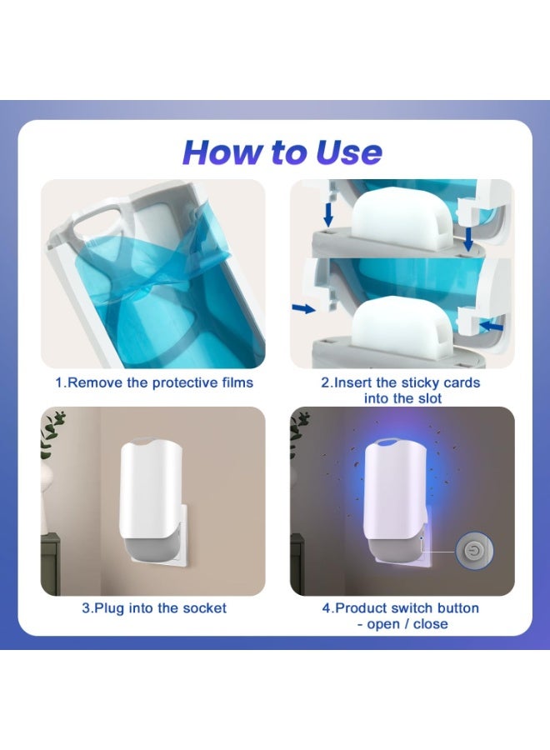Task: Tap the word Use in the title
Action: (x=348, y=152)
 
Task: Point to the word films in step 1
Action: (x=235, y=382)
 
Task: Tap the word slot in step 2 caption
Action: (x=426, y=398)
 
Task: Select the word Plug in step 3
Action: (x=108, y=607)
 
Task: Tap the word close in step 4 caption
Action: (x=430, y=623)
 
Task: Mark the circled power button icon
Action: (x=474, y=551)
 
